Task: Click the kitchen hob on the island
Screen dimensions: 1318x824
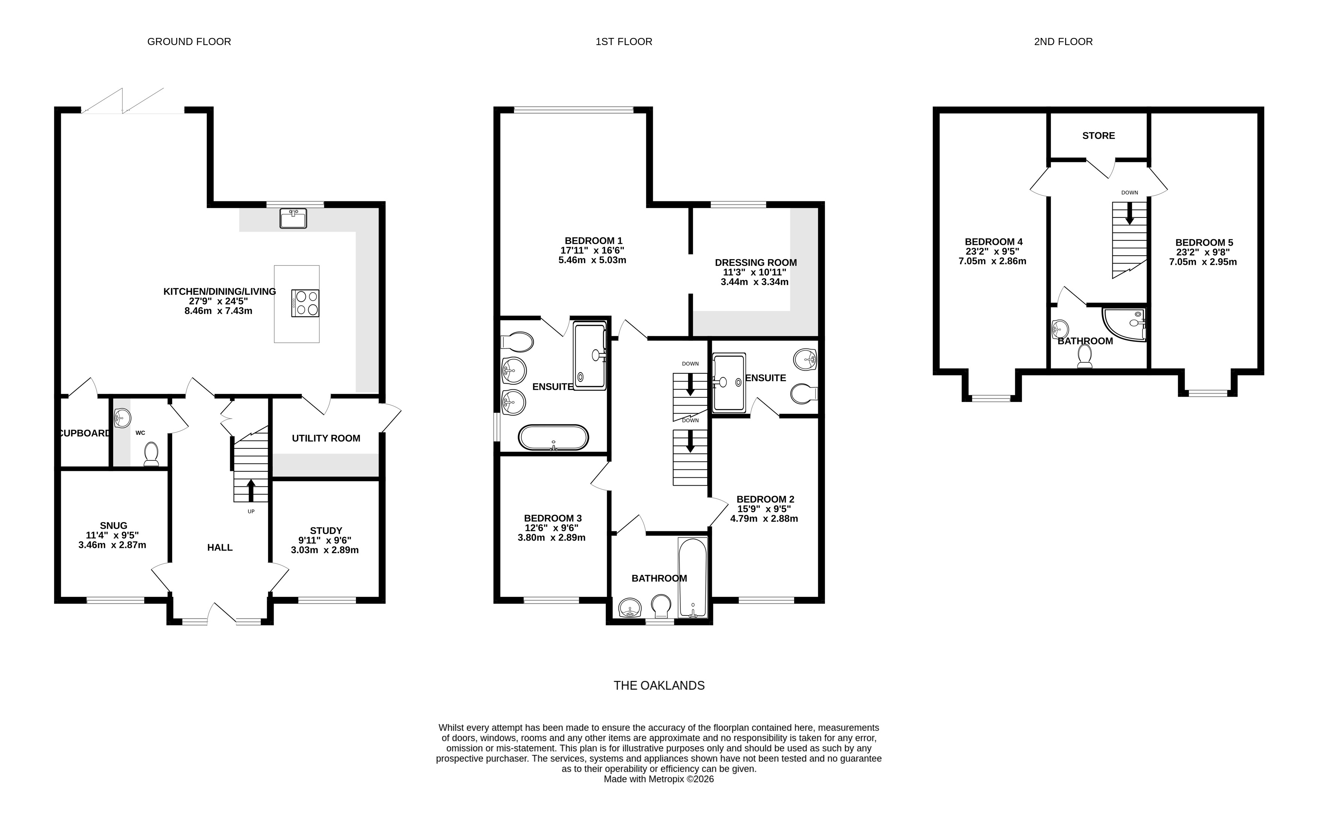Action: pyautogui.click(x=306, y=303)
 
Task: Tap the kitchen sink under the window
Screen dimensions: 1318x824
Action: pyautogui.click(x=294, y=218)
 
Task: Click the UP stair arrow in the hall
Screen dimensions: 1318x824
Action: pyautogui.click(x=251, y=490)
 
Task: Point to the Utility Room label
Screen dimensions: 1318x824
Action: pyautogui.click(x=326, y=438)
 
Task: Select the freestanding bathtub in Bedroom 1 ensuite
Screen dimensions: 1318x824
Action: pyautogui.click(x=554, y=438)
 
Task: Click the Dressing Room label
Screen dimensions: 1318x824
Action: pyautogui.click(x=756, y=263)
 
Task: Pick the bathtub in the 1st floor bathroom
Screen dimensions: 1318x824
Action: pyautogui.click(x=693, y=578)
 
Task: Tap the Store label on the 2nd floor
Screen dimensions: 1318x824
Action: pyautogui.click(x=1098, y=136)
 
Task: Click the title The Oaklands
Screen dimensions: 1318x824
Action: pyautogui.click(x=659, y=685)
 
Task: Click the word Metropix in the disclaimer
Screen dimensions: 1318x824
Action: pyautogui.click(x=666, y=779)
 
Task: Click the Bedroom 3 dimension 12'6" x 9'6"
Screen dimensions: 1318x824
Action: pyautogui.click(x=551, y=528)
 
